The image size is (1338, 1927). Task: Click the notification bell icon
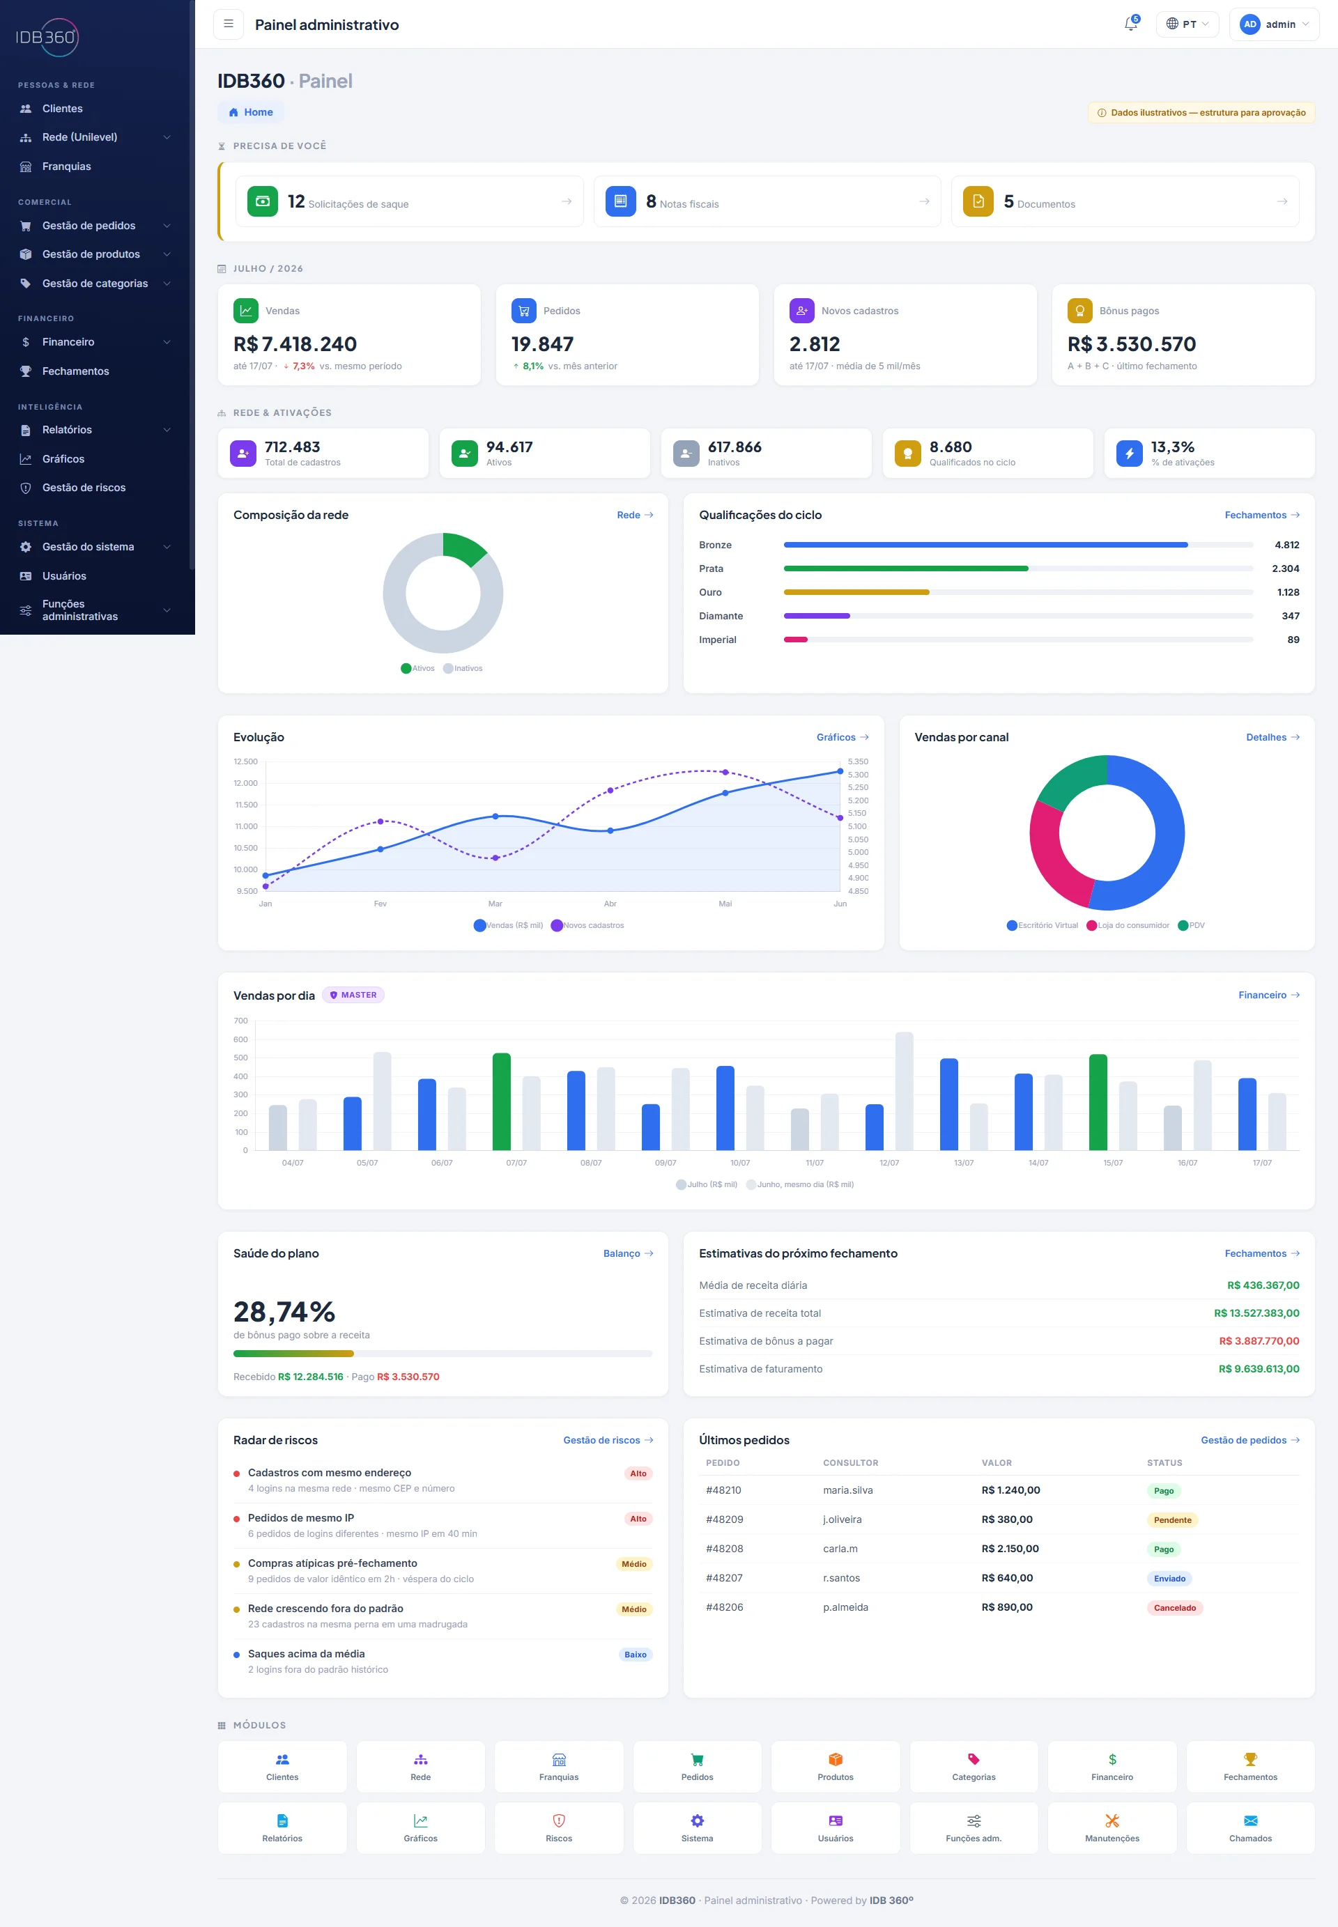click(x=1130, y=24)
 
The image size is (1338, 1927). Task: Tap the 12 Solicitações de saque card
click(x=409, y=201)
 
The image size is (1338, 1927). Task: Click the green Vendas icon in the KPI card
click(x=245, y=310)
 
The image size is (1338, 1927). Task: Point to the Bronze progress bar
click(x=985, y=545)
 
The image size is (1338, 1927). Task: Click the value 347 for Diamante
click(x=1290, y=616)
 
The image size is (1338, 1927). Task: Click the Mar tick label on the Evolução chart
click(x=495, y=904)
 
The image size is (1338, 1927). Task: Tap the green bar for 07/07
click(x=501, y=1101)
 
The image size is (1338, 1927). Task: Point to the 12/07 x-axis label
click(x=889, y=1163)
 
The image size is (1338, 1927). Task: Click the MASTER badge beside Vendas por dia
click(x=353, y=995)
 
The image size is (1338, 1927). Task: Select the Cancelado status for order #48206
click(x=1174, y=1608)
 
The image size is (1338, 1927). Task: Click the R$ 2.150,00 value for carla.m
click(x=1010, y=1548)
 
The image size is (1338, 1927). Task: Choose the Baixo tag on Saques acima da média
click(x=636, y=1655)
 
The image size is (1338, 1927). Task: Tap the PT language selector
click(x=1187, y=24)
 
